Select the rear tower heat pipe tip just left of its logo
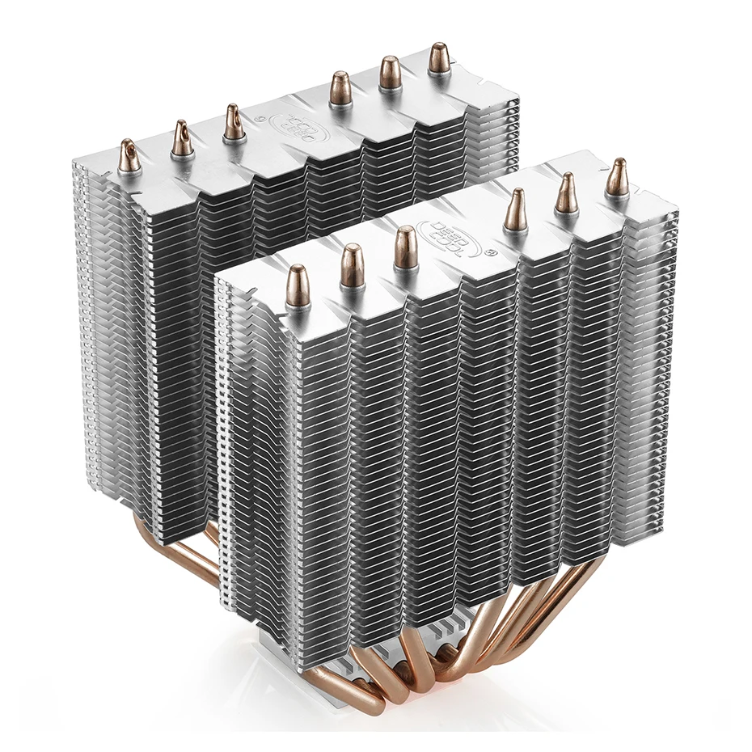234,122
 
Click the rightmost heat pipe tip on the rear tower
439,59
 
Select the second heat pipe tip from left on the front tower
352,266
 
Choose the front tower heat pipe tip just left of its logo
405,248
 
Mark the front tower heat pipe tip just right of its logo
515,211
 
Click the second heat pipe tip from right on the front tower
566,193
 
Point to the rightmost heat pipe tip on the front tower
617,178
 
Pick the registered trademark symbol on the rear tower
259,117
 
